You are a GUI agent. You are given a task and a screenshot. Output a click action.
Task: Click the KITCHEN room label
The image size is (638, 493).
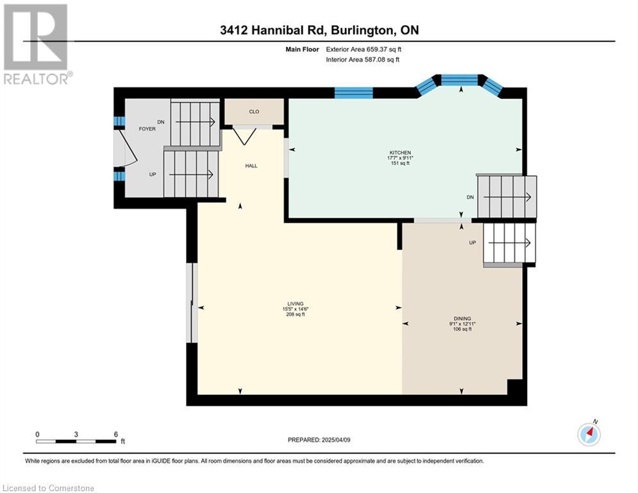point(400,153)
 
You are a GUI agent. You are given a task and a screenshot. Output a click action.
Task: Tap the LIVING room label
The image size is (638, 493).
point(296,304)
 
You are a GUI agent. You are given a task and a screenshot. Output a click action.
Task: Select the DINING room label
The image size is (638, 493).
point(462,318)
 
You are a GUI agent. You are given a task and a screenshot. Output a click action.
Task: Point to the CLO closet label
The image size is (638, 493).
point(254,112)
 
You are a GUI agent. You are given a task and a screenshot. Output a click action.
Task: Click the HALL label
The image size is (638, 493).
point(251,166)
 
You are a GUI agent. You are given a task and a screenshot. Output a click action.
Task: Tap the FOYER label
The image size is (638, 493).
point(147,129)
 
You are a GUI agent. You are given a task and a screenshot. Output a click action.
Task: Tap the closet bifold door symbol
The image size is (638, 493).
point(244,135)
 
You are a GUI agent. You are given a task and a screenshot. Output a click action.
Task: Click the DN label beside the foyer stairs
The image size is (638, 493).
point(161,122)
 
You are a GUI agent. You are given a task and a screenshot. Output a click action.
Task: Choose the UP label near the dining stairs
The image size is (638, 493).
point(473,243)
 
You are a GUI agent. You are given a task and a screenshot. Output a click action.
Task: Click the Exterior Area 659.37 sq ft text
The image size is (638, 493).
point(364,49)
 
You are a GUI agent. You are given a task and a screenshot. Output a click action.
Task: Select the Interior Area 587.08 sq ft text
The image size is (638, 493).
point(362,60)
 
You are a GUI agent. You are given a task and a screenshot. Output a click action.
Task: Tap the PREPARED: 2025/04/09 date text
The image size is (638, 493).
point(319,440)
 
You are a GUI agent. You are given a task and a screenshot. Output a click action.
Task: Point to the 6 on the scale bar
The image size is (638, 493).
point(115,435)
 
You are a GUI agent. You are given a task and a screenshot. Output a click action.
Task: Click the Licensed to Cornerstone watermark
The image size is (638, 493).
point(49,488)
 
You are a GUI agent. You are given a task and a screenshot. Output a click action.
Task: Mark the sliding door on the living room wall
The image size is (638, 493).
point(192,303)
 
